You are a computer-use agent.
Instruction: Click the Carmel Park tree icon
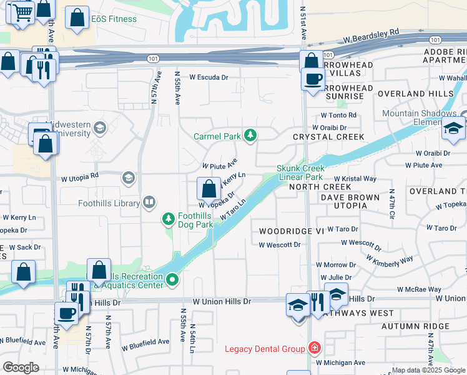(x=250, y=135)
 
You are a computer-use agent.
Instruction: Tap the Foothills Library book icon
(x=149, y=202)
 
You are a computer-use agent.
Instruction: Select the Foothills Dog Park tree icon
(x=168, y=218)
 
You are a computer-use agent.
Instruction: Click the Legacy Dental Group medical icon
(x=315, y=348)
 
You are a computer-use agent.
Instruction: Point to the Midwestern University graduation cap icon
(x=99, y=129)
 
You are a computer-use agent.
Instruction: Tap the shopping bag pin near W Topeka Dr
(x=208, y=188)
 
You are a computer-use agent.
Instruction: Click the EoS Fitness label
(x=114, y=19)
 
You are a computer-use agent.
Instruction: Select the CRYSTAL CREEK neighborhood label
(x=328, y=137)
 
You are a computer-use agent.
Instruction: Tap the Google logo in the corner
(x=21, y=367)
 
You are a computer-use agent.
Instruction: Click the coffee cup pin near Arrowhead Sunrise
(x=313, y=79)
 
